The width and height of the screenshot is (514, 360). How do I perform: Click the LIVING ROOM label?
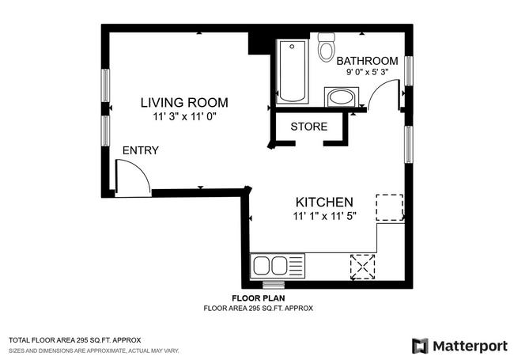point(184,103)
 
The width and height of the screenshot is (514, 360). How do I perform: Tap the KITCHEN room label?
point(324,203)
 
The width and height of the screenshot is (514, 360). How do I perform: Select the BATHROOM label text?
point(367,61)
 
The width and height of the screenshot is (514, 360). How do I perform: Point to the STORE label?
point(308,127)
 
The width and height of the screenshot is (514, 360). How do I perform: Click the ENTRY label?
point(140,150)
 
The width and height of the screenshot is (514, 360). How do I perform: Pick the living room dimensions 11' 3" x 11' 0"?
point(184,116)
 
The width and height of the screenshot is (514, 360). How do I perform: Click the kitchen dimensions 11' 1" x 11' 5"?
point(324,216)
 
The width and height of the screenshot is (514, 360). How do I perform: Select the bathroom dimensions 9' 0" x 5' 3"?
point(367,72)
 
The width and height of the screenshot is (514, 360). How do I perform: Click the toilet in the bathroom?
point(327,47)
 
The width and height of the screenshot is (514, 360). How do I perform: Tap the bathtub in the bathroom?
point(293,71)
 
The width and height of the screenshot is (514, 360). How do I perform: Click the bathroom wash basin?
point(342,97)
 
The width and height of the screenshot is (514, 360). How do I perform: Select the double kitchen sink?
point(278,266)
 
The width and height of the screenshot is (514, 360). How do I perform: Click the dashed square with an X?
point(362,267)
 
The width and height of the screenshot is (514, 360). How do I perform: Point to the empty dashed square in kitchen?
point(389,207)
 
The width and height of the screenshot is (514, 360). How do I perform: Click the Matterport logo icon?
point(420,346)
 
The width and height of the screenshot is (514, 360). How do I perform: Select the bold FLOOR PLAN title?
point(259,298)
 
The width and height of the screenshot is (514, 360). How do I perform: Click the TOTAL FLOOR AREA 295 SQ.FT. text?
point(75,340)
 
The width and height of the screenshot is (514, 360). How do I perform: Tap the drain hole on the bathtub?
point(292,47)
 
